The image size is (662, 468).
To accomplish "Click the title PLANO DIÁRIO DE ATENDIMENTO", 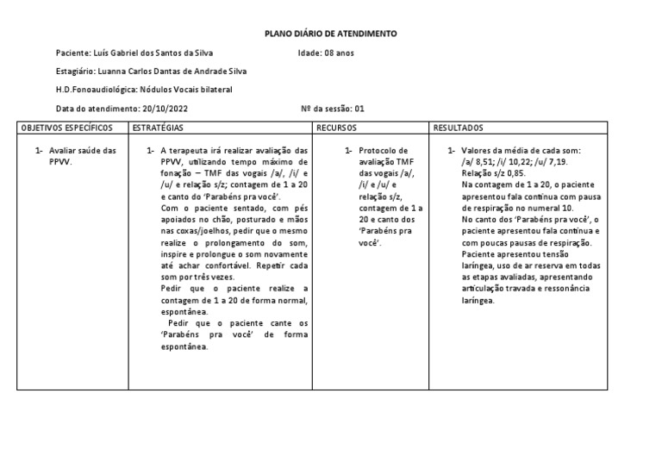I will coord(330,33).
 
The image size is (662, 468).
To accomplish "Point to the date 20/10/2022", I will coord(165,109).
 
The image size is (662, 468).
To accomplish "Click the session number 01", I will coord(360,109).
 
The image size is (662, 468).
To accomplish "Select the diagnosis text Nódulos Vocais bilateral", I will coord(184,90).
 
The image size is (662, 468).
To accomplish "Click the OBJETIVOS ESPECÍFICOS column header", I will coord(67,128).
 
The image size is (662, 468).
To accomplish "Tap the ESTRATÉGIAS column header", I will coord(158,128).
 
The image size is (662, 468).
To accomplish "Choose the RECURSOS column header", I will coord(337,128).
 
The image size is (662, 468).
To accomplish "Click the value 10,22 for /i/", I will coord(526,161).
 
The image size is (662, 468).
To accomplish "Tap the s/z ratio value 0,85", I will coord(515,172).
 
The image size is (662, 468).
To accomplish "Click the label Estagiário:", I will coord(76,72).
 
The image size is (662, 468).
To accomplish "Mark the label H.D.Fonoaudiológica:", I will coord(95,90).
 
